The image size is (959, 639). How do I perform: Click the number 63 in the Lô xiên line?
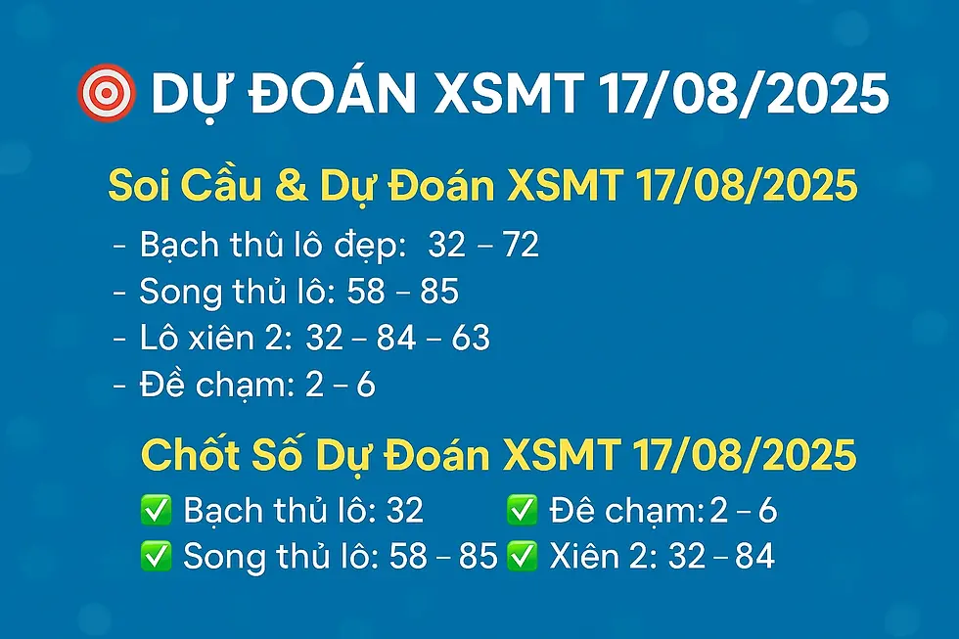pos(471,338)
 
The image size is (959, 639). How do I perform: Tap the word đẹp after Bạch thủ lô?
pos(367,247)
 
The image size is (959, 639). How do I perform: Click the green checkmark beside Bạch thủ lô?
pos(156,510)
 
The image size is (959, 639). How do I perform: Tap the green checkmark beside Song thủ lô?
pos(156,556)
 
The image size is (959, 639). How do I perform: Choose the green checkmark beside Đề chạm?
pos(523,510)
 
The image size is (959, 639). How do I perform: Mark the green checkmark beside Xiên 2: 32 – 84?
pos(523,556)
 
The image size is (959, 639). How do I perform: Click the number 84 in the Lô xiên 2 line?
pos(395,338)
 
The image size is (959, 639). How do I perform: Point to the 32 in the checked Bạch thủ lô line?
pos(404,510)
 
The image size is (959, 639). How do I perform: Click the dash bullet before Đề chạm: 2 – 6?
pos(121,385)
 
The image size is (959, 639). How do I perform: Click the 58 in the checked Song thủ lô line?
pos(409,556)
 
